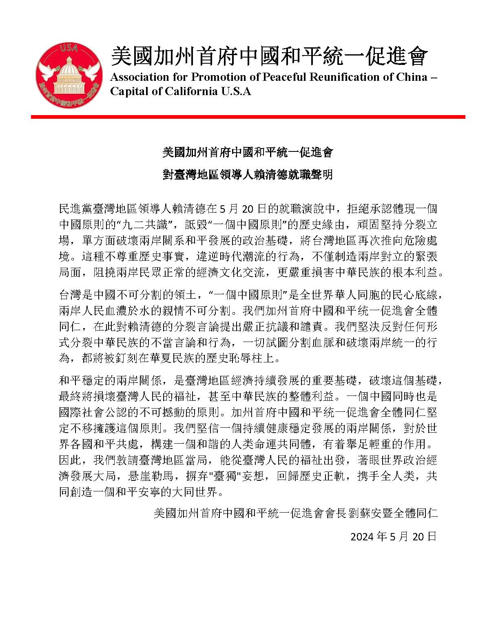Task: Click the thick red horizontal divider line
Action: point(248,117)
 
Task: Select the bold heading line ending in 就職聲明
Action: point(248,175)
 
